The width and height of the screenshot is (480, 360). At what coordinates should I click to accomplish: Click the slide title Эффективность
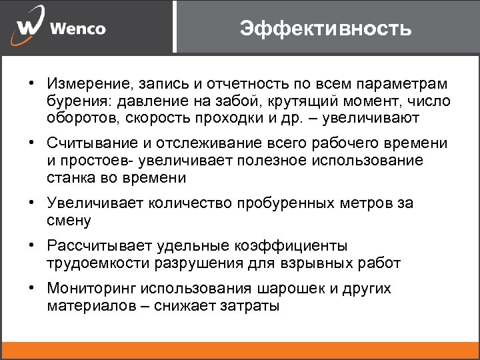326,28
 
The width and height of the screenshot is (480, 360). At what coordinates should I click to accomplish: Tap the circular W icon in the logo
29,29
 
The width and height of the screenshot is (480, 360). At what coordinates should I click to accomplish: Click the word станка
69,177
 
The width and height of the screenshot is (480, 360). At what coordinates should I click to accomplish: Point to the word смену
69,220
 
